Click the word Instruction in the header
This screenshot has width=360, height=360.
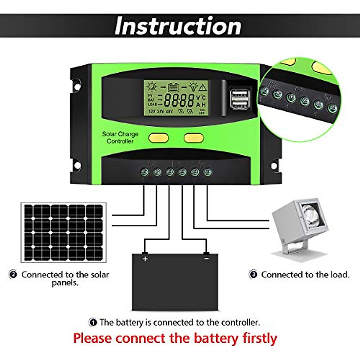pyautogui.click(x=178, y=26)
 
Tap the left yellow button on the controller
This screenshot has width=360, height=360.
pyautogui.click(x=158, y=138)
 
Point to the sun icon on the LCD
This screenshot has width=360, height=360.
pyautogui.click(x=152, y=87)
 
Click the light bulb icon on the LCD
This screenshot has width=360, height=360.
pyautogui.click(x=193, y=86)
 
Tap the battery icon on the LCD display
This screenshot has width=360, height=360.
pyautogui.click(x=173, y=87)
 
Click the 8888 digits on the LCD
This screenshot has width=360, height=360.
pyautogui.click(x=179, y=100)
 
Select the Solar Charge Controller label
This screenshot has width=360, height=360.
pyautogui.click(x=120, y=137)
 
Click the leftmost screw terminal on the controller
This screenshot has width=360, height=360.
pyautogui.click(x=144, y=172)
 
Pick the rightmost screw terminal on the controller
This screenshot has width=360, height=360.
pyautogui.click(x=208, y=172)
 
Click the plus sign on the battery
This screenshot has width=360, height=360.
pyautogui.click(x=145, y=258)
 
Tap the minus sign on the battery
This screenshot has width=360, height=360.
pyautogui.click(x=206, y=258)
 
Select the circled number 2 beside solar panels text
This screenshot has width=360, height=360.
pyautogui.click(x=13, y=274)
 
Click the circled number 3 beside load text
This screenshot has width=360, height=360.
pyautogui.click(x=253, y=274)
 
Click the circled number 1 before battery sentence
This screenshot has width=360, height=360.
pyautogui.click(x=93, y=323)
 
